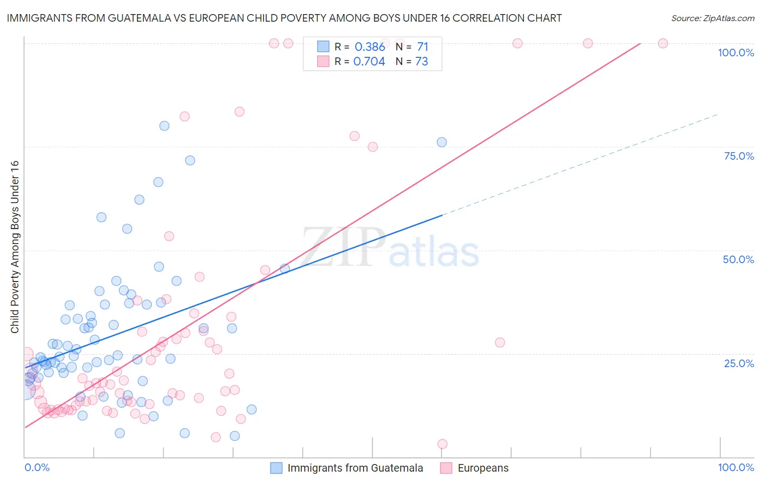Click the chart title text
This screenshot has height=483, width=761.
coord(284,18)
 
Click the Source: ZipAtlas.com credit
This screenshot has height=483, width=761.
coord(712,18)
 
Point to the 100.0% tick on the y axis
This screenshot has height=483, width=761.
coord(736,53)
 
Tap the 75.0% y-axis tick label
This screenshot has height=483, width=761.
coord(739,156)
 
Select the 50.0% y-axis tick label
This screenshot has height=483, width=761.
coord(738,259)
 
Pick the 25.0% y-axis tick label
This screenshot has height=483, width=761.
coord(739,363)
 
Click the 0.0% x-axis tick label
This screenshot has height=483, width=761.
coord(37,467)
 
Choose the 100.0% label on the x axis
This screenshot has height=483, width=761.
coord(736,467)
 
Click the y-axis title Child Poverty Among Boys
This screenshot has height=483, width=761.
coord(15,247)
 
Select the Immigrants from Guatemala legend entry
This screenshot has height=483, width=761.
coord(346,468)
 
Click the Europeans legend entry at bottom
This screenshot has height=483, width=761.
coord(475,468)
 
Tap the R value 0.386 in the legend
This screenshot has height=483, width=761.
coord(370,47)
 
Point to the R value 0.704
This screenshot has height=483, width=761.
coord(369,62)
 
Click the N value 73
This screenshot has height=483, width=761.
coord(422,62)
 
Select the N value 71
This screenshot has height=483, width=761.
coord(422,47)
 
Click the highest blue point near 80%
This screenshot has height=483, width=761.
coord(164,126)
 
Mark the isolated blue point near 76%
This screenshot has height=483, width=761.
coord(442,142)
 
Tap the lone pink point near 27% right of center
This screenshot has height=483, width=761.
coord(500,342)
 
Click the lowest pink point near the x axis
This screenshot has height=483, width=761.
coord(442,444)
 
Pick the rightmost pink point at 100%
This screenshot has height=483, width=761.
coord(662,43)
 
